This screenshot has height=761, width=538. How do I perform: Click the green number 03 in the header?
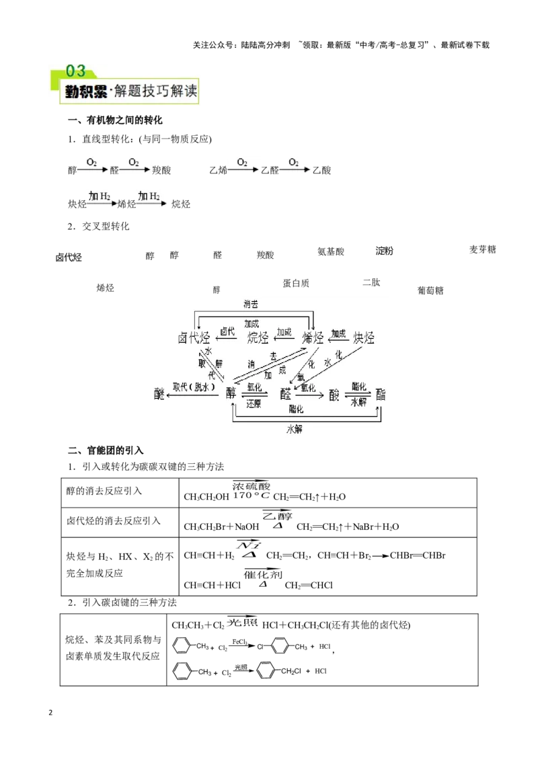coord(75,71)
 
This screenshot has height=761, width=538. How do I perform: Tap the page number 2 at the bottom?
coord(50,713)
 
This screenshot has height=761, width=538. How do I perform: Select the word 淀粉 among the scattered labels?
coord(384,251)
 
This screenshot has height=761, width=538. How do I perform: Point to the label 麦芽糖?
coord(482,249)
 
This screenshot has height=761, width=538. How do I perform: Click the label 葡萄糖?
coord(430,290)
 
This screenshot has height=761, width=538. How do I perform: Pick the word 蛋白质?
coord(296,283)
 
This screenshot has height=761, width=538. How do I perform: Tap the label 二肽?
coord(371,282)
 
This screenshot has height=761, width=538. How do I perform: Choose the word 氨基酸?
coord(331,251)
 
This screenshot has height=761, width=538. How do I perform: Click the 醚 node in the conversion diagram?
coord(159,394)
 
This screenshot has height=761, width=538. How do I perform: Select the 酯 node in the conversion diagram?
coord(380,394)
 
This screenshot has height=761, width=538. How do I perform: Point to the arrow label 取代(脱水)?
coord(194,387)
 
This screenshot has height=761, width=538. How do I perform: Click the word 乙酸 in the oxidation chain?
coord(321,170)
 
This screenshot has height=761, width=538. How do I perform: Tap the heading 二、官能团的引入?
coord(106,450)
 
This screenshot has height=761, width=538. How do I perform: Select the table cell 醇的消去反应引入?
coord(104,491)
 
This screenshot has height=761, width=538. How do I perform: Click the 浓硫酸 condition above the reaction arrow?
coord(251,486)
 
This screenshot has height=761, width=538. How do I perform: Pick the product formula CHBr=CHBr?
coord(418,556)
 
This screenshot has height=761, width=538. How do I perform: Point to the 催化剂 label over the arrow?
coord(263,575)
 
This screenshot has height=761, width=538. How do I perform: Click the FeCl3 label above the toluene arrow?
coord(240,641)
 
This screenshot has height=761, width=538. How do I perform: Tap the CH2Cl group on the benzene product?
coord(291,671)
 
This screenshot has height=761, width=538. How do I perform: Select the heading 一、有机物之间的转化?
coord(115,120)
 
